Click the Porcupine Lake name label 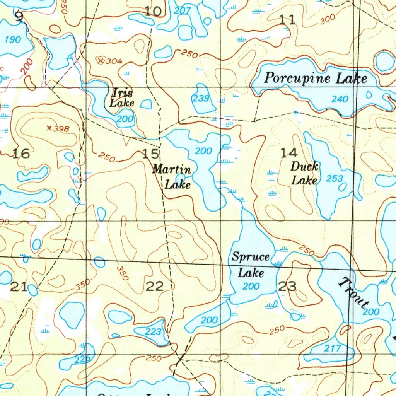tap(315, 79)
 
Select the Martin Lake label tap(172, 177)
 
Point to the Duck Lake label tap(304, 174)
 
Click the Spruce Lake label tap(251, 265)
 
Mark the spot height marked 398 tap(49, 128)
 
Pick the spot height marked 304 tap(101, 60)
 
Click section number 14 tap(289, 153)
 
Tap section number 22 tap(154, 287)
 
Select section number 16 tap(21, 154)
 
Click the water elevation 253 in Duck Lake tap(335, 179)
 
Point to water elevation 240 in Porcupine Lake tap(340, 99)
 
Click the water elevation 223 tap(153, 331)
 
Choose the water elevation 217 tap(333, 348)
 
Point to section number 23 tap(287, 287)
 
